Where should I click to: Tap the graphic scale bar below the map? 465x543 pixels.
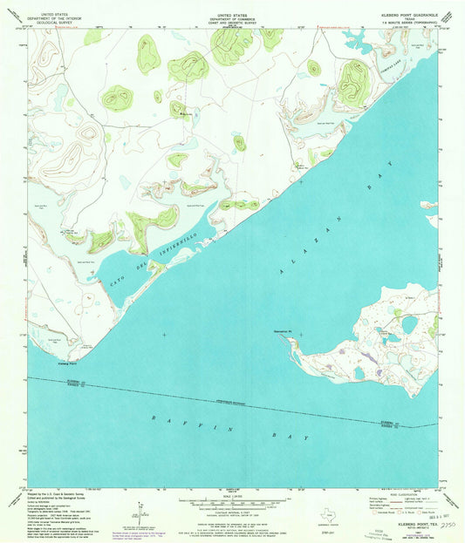pos(232,503)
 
